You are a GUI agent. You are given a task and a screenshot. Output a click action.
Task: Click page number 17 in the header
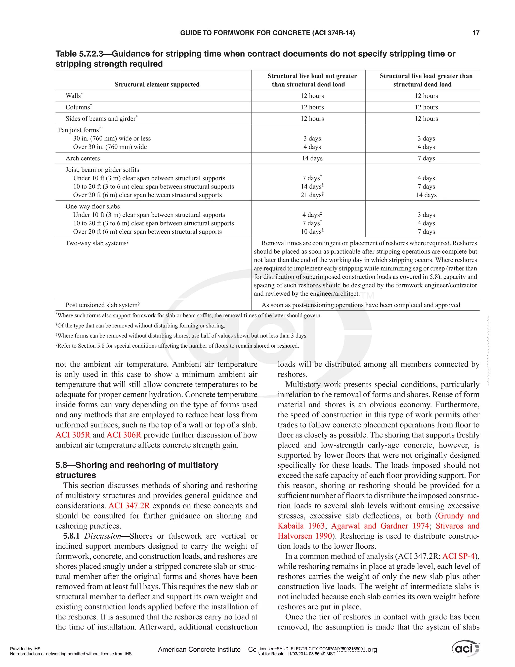click(476, 33)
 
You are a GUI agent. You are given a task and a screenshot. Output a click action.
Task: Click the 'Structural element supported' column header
click(157, 84)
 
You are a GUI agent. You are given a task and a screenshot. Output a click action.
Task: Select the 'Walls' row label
click(73, 96)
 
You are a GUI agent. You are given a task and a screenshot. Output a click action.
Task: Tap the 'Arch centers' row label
click(83, 158)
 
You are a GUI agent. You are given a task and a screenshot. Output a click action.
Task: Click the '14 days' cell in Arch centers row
click(312, 158)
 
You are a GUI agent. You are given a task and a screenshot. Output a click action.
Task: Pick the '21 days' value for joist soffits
click(312, 195)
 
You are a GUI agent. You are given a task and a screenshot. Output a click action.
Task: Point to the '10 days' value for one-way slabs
click(312, 232)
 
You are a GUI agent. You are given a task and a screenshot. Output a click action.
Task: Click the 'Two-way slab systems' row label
click(96, 243)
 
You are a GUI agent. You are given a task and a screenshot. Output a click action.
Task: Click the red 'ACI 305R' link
click(73, 435)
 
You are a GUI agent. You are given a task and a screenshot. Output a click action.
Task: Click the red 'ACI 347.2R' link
click(129, 505)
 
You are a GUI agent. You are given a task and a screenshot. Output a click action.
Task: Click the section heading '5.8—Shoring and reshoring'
click(137, 465)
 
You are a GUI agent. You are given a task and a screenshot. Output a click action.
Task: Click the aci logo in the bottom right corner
click(465, 648)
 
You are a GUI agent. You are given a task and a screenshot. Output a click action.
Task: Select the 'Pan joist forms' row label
click(79, 130)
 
